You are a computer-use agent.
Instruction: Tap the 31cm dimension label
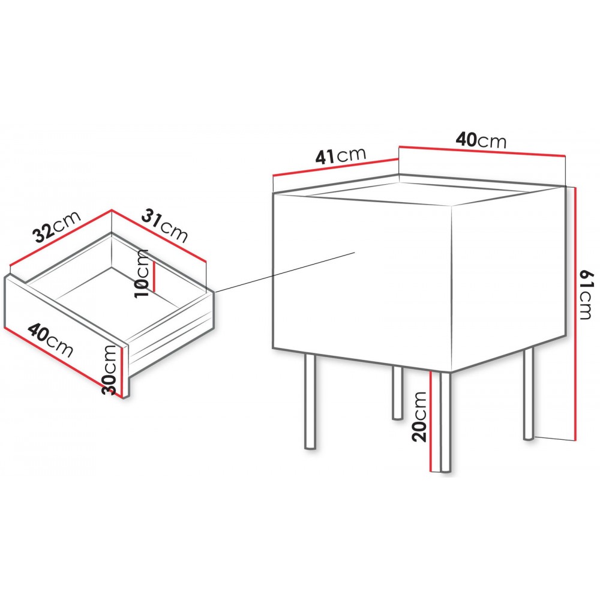coord(165,226)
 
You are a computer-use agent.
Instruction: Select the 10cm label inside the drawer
coord(141,273)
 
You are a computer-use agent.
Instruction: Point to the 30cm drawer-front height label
coord(109,370)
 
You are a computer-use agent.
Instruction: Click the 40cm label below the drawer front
coord(50,340)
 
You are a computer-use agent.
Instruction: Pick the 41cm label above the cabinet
coord(340,155)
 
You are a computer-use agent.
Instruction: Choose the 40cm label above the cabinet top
coord(481,140)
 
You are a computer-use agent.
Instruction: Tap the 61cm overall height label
coord(586,295)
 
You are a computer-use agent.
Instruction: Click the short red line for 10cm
coord(154,276)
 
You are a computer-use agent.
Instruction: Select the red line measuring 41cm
coord(336,167)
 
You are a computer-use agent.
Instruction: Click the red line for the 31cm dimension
coord(159,235)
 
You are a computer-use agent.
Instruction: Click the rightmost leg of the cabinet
coord(529,394)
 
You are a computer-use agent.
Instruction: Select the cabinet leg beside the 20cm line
coord(445,422)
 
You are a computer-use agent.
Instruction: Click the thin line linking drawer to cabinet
coord(284,272)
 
